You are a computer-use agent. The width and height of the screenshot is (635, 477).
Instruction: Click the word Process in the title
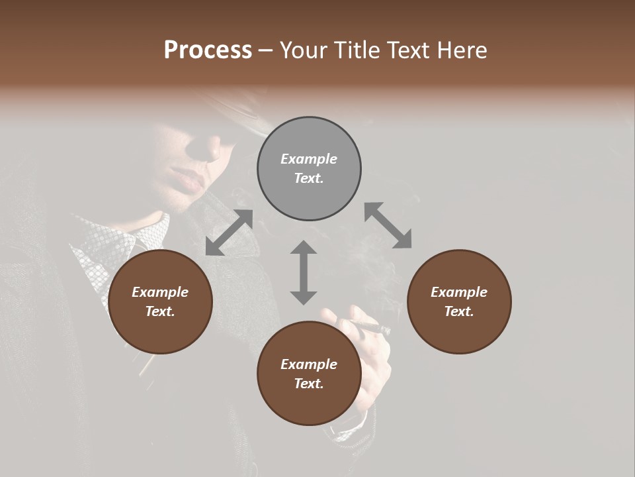pyautogui.click(x=208, y=50)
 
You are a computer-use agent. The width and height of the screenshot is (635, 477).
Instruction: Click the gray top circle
pyautogui.click(x=309, y=169)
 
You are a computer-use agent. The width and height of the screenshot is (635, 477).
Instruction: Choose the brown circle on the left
pyautogui.click(x=160, y=302)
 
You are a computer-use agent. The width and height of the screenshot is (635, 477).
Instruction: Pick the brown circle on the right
pyautogui.click(x=459, y=302)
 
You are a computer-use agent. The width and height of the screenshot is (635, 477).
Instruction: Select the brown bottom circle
pyautogui.click(x=309, y=374)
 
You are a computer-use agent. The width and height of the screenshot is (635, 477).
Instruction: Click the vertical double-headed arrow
pyautogui.click(x=304, y=272)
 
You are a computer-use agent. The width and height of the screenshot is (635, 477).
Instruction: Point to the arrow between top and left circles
pyautogui.click(x=229, y=233)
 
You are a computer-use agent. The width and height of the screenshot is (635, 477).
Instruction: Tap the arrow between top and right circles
pyautogui.click(x=388, y=225)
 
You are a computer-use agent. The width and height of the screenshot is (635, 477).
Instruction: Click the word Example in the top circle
pyautogui.click(x=309, y=159)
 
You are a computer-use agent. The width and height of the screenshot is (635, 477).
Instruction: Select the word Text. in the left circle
pyautogui.click(x=160, y=311)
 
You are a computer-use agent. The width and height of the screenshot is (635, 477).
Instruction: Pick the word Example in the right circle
pyautogui.click(x=459, y=292)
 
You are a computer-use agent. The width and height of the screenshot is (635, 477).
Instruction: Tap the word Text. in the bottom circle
pyautogui.click(x=309, y=384)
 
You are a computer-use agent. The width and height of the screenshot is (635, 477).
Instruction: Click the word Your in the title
pyautogui.click(x=304, y=50)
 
